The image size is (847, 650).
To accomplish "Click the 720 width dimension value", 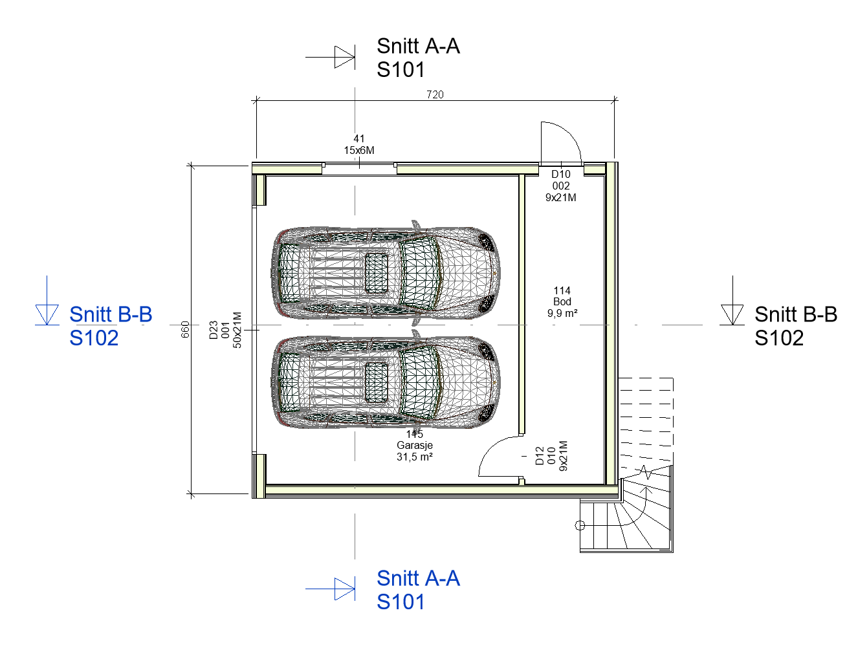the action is click(435, 94).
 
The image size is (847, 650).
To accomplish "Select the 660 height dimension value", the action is click(185, 329).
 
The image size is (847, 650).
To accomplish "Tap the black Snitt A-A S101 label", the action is click(418, 58).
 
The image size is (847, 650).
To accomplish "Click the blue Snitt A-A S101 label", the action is click(418, 590).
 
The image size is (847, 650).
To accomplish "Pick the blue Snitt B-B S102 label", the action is click(111, 325).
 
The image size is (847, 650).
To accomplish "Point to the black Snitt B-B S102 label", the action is click(795, 325).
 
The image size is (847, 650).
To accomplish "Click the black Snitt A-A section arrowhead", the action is click(345, 58).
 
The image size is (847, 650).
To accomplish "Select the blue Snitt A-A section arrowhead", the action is click(345, 589).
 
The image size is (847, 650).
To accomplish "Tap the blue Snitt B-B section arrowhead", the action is click(47, 314).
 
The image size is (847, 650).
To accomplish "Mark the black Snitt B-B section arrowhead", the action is click(732, 314).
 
